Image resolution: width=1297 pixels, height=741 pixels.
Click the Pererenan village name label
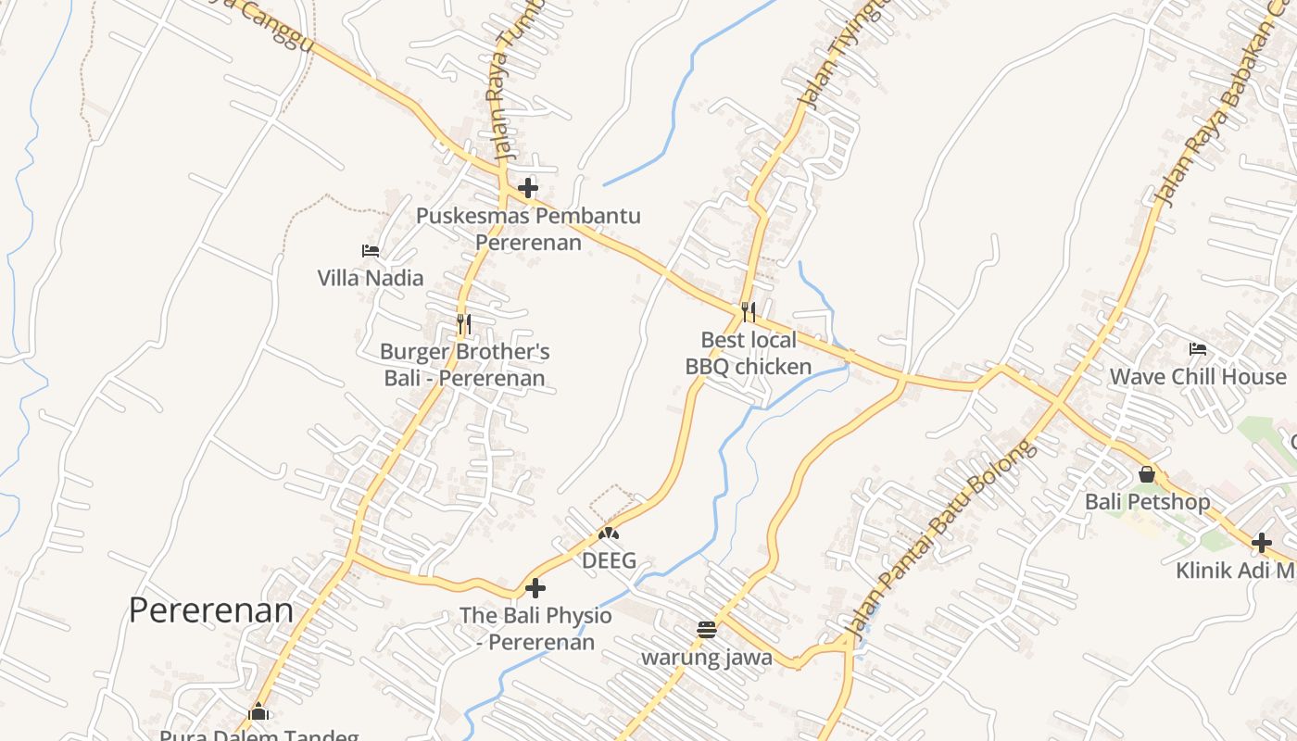pyautogui.click(x=210, y=610)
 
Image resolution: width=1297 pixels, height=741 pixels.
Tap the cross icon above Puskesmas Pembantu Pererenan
pyautogui.click(x=528, y=188)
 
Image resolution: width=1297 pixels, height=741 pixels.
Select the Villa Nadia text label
pyautogui.click(x=371, y=278)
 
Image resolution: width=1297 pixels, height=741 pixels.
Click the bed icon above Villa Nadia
pyautogui.click(x=371, y=250)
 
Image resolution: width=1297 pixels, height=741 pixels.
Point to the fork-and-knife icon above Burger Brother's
pyautogui.click(x=464, y=324)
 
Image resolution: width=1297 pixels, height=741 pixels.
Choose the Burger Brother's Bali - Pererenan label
pyautogui.click(x=464, y=365)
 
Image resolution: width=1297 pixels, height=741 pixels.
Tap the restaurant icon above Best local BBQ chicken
pyautogui.click(x=749, y=312)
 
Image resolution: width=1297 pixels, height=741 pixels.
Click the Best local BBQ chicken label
pyautogui.click(x=749, y=353)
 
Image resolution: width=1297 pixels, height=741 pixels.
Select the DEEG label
pyautogui.click(x=609, y=560)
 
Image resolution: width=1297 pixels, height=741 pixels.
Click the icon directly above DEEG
pyautogui.click(x=609, y=534)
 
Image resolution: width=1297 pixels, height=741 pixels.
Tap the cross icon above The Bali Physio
pyautogui.click(x=535, y=587)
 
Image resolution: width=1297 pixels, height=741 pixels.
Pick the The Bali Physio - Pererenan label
pyautogui.click(x=535, y=628)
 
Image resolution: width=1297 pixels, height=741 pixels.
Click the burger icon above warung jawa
pyautogui.click(x=707, y=630)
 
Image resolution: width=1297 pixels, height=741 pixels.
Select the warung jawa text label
pyautogui.click(x=707, y=658)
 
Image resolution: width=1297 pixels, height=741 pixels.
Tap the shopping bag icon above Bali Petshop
pyautogui.click(x=1147, y=474)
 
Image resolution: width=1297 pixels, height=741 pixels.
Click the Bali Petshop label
pyautogui.click(x=1147, y=502)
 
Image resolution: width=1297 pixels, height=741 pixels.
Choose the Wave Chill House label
pyautogui.click(x=1198, y=377)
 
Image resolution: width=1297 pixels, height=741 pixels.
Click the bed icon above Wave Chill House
pyautogui.click(x=1198, y=349)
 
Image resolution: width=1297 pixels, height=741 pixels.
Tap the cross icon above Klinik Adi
pyautogui.click(x=1261, y=543)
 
